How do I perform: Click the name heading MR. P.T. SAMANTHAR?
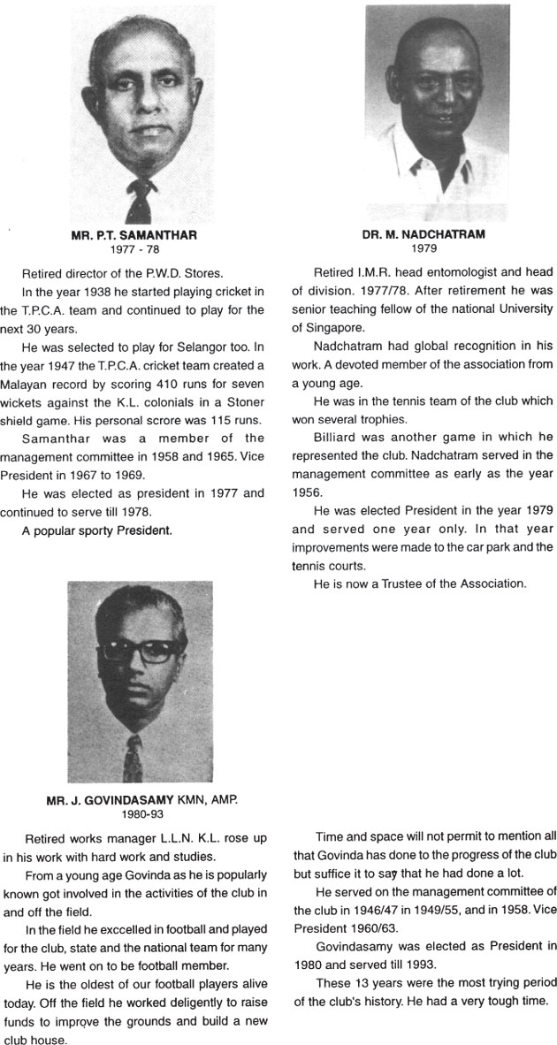click(x=134, y=236)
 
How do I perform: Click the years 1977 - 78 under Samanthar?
click(x=133, y=249)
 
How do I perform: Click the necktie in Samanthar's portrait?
click(x=137, y=199)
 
